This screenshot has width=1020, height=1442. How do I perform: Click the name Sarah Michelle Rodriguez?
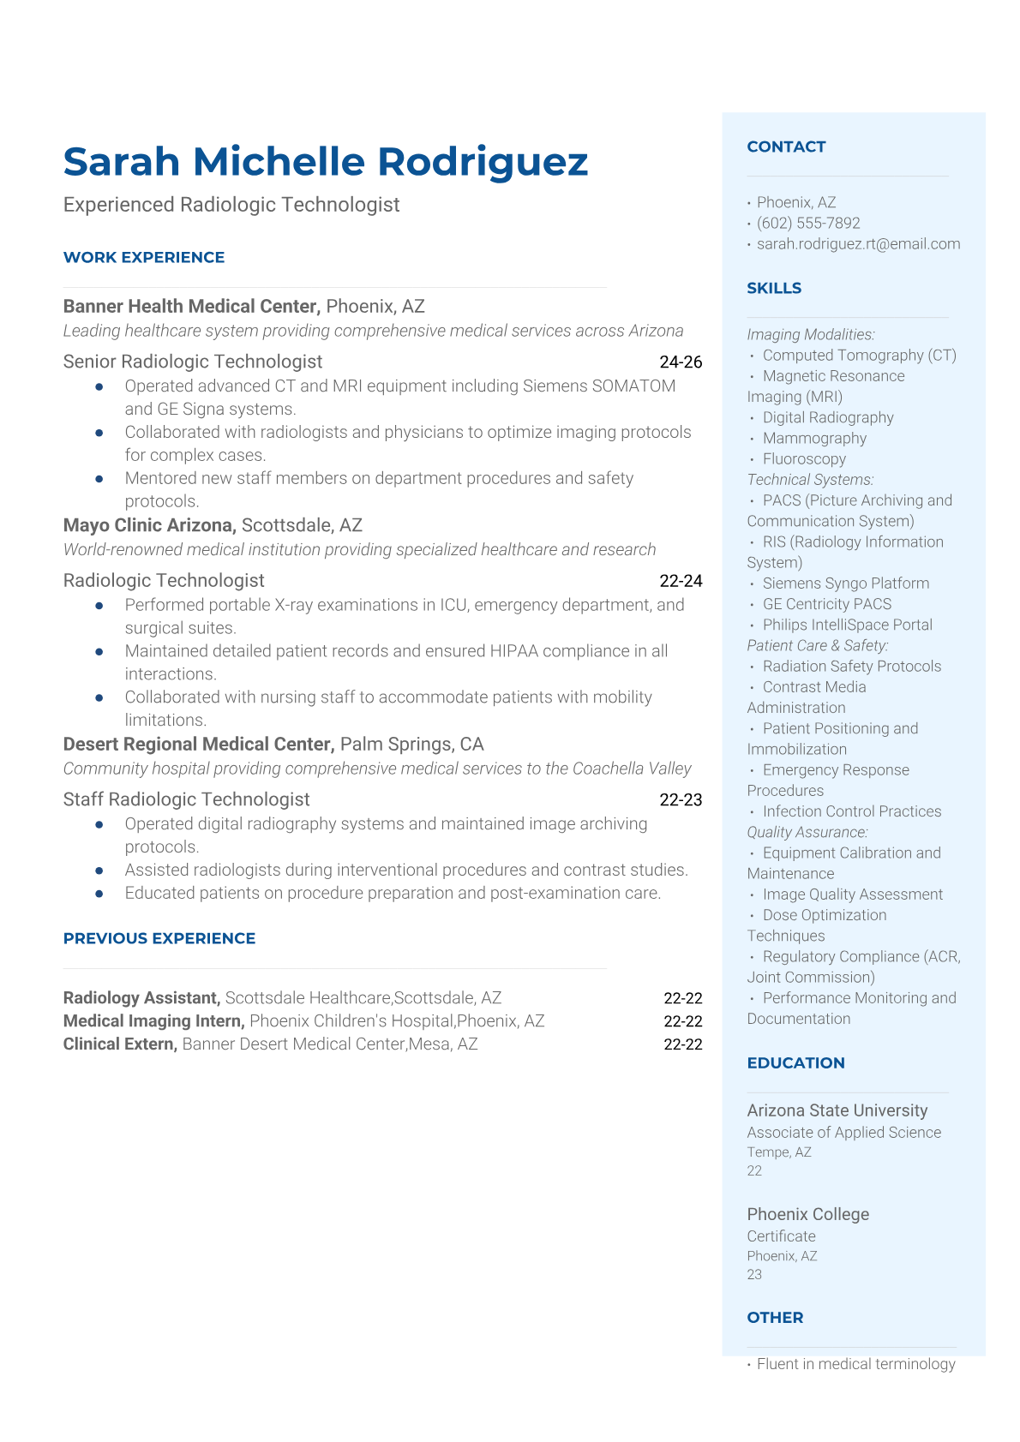[x=326, y=162]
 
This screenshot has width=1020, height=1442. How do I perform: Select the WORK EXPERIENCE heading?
[x=144, y=257]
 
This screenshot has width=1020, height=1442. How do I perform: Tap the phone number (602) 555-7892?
[x=808, y=223]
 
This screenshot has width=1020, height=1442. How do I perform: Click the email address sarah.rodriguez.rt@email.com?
[x=858, y=244]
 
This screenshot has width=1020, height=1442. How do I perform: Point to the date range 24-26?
[x=681, y=362]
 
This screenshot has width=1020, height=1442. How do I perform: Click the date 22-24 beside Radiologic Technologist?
[x=681, y=581]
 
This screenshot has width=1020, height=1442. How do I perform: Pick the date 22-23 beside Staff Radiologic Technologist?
[x=681, y=800]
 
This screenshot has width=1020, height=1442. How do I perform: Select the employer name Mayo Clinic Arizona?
[x=149, y=525]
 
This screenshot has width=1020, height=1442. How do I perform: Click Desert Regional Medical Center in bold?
[x=198, y=744]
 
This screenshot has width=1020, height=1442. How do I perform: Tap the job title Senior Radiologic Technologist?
[x=193, y=362]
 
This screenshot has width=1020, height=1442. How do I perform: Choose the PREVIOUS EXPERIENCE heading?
[x=159, y=938]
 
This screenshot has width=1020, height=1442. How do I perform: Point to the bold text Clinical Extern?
[x=120, y=1044]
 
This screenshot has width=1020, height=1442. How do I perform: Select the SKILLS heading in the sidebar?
[x=774, y=288]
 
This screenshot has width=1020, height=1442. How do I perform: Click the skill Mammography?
[x=814, y=439]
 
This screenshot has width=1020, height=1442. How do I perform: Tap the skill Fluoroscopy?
[x=804, y=459]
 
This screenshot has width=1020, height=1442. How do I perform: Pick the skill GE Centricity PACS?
[x=827, y=604]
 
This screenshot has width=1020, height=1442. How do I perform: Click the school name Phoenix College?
[x=807, y=1214]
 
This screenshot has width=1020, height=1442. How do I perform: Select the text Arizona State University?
[x=837, y=1110]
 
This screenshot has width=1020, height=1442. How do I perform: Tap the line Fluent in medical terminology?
[x=855, y=1364]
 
